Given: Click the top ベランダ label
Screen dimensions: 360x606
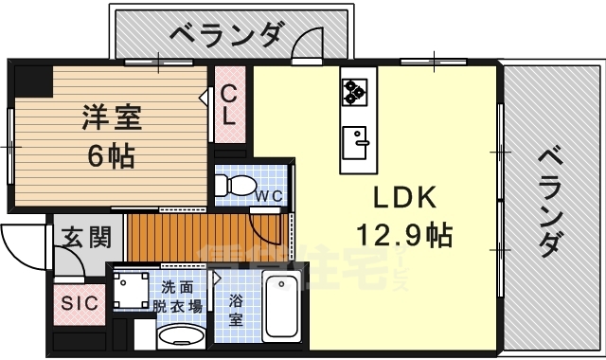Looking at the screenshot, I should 226,34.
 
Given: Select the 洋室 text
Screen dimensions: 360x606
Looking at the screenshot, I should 111,118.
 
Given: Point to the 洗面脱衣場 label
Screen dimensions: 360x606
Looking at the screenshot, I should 178,297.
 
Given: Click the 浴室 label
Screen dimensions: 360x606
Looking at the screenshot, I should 237,310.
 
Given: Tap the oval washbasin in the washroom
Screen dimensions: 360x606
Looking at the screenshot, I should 179,337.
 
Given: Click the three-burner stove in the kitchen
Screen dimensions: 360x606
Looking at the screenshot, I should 355,89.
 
